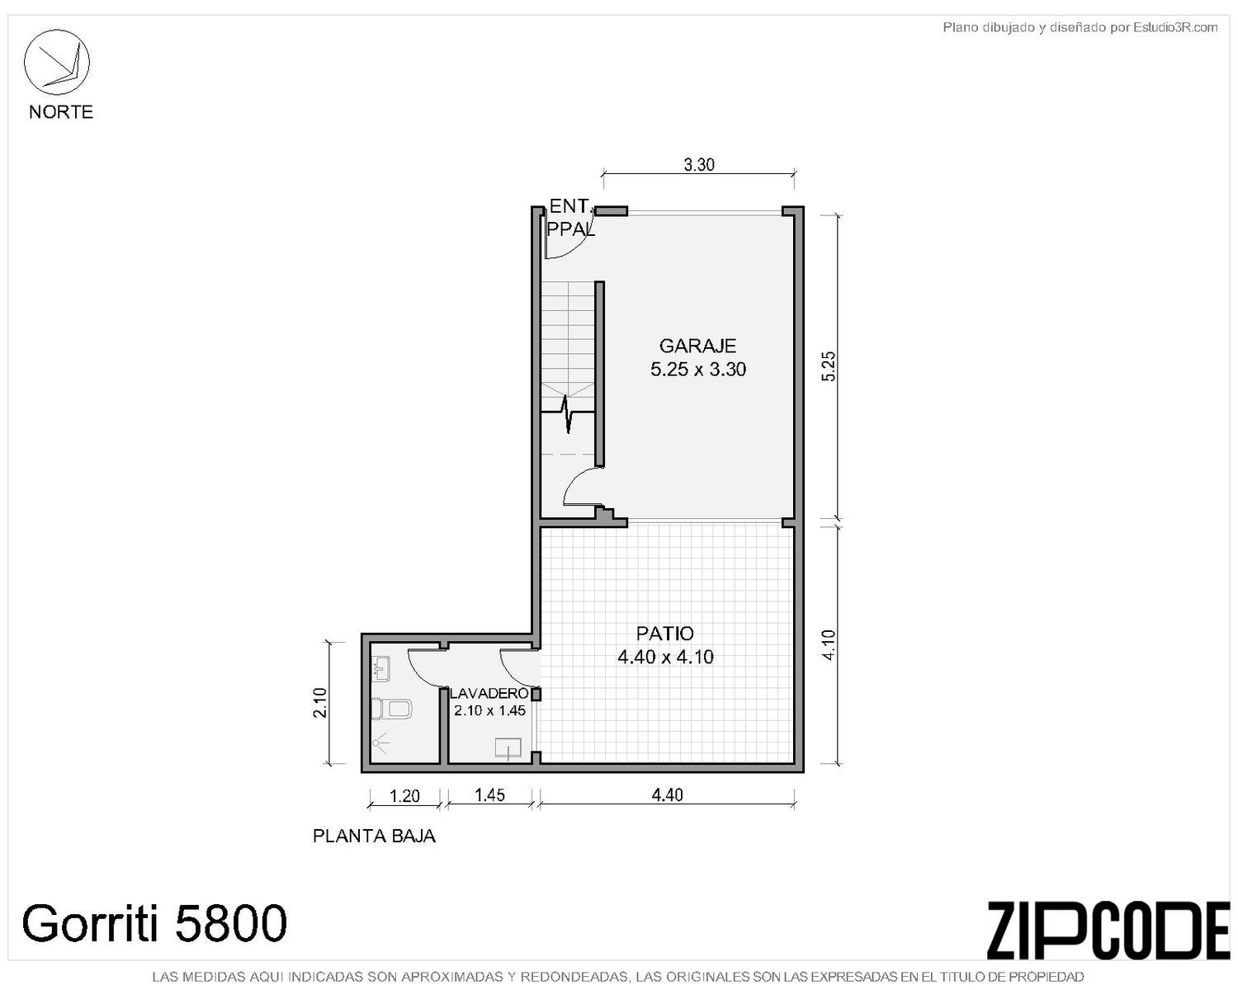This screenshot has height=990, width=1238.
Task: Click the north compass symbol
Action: pyautogui.click(x=56, y=62)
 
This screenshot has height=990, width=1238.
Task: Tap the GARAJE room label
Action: pyautogui.click(x=697, y=346)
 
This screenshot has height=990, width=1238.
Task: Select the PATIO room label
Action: pyautogui.click(x=665, y=634)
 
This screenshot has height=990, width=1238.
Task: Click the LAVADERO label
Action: pyautogui.click(x=489, y=693)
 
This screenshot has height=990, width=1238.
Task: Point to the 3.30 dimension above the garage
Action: pyautogui.click(x=699, y=165)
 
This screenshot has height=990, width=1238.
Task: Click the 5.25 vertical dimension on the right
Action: pyautogui.click(x=829, y=365)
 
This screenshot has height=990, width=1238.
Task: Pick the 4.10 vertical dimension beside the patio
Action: pyautogui.click(x=829, y=645)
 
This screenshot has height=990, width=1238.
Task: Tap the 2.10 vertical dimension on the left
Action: pyautogui.click(x=320, y=702)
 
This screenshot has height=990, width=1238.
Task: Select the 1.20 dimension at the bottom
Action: pyautogui.click(x=404, y=796)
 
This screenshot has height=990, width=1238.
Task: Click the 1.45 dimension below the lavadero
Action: pyautogui.click(x=489, y=795)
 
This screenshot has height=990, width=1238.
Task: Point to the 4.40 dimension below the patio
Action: pyautogui.click(x=668, y=795)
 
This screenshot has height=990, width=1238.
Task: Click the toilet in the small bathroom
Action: pyautogui.click(x=391, y=709)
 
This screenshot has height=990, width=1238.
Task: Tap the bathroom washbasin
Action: pyautogui.click(x=380, y=668)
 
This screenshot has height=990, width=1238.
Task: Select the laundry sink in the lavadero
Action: pyautogui.click(x=508, y=748)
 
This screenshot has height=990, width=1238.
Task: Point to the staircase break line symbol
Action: pyautogui.click(x=568, y=412)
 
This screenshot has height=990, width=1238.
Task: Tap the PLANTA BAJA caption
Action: pyautogui.click(x=374, y=836)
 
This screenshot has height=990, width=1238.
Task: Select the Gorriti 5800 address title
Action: pyautogui.click(x=154, y=922)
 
